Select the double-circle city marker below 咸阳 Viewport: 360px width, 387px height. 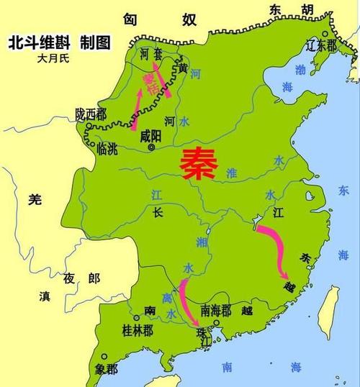[151, 147]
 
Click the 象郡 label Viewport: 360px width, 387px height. [106, 369]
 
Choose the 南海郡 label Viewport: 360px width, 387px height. [216, 311]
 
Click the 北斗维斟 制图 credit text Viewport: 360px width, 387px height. [60, 42]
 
